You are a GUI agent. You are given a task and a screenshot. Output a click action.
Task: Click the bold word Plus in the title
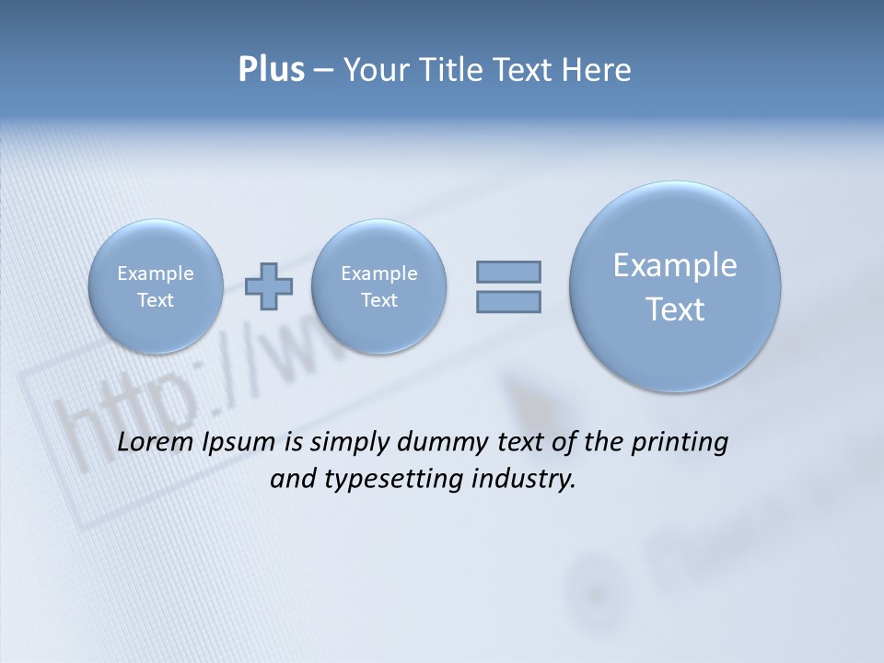click(271, 70)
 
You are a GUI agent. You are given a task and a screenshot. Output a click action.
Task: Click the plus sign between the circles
click(270, 286)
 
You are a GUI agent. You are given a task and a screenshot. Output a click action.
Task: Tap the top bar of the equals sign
click(508, 272)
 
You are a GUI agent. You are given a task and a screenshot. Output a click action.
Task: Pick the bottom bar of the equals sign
click(508, 301)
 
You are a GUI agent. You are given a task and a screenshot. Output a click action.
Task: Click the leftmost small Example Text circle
click(155, 286)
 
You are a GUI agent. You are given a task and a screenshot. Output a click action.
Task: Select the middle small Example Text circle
click(378, 286)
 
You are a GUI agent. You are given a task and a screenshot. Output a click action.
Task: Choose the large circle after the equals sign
click(675, 286)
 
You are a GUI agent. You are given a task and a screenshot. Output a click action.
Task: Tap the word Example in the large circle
click(675, 265)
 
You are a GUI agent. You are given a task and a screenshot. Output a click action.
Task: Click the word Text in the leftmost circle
click(155, 300)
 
